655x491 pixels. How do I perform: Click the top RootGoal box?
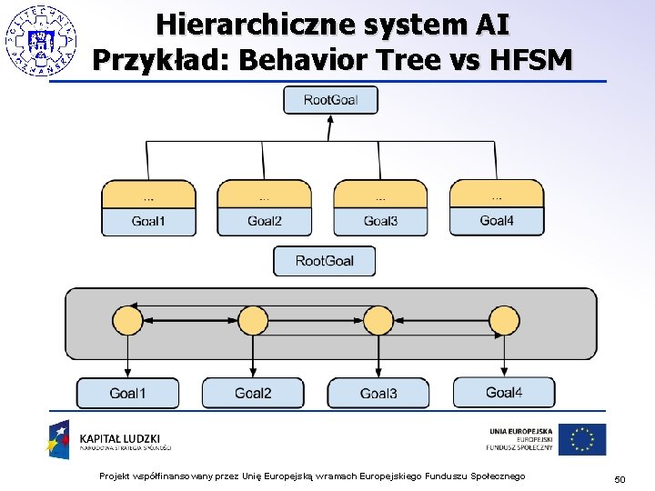click(330, 100)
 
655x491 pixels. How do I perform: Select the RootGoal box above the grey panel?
click(324, 261)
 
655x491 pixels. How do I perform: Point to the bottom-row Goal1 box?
click(127, 393)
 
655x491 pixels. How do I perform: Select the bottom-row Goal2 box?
click(253, 393)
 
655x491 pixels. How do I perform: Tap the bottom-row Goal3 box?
click(378, 393)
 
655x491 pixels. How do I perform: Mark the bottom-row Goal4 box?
click(504, 392)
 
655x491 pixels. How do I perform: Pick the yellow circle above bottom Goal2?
click(252, 321)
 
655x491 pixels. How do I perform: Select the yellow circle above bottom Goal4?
click(503, 321)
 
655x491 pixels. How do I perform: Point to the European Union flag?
click(582, 439)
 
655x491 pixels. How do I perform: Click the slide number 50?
click(620, 478)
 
